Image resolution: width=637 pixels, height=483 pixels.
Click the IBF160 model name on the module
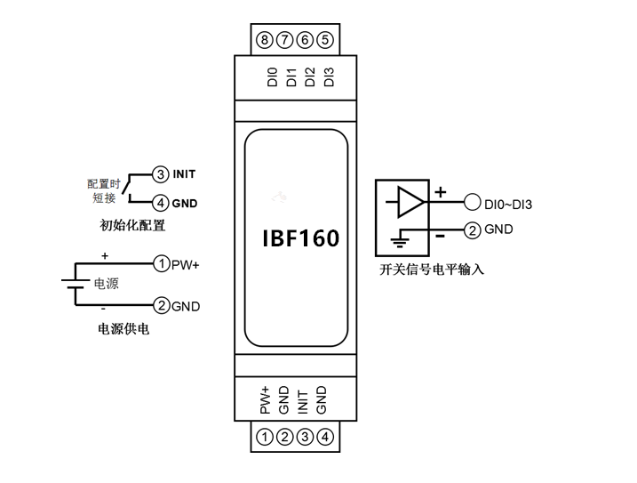coord(300,239)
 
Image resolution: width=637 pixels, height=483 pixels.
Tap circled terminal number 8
coord(264,39)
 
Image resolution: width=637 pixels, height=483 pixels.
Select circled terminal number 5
coord(325,39)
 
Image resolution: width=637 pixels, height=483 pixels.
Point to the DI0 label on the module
coord(272,76)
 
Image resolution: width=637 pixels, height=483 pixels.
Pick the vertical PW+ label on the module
coord(266,401)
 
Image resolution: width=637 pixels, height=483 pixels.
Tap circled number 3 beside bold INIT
coord(161,173)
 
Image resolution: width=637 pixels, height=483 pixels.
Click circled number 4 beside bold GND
coord(161,202)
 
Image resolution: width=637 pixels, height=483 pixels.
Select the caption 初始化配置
coord(133,226)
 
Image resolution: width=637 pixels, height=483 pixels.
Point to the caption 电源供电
coord(123,328)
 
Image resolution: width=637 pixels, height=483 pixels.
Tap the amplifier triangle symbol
coord(410,202)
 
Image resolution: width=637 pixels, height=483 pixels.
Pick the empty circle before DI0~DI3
coord(473,204)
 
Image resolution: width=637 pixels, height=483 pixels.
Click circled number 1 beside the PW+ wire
coord(162,263)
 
